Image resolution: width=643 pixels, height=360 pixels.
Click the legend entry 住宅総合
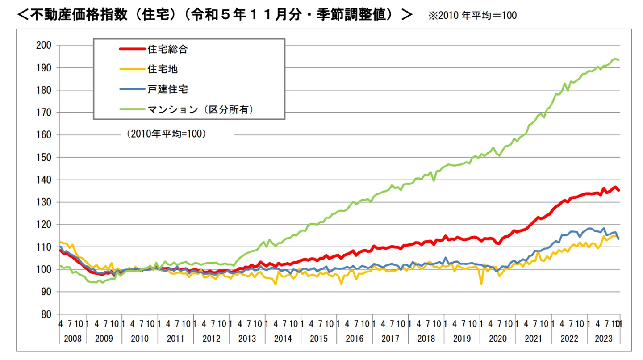(167, 50)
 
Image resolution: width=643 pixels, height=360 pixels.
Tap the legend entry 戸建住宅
(167, 89)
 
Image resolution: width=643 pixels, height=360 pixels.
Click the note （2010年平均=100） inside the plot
(166, 134)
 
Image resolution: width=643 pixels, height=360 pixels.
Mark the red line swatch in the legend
(132, 50)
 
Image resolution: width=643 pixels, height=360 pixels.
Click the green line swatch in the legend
(132, 109)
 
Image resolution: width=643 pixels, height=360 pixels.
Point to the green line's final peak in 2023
(615, 59)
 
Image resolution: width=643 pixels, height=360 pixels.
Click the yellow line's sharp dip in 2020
(481, 284)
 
